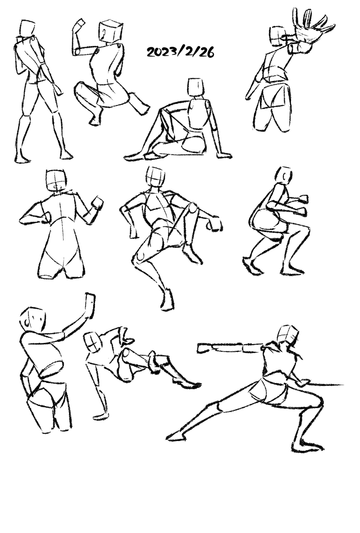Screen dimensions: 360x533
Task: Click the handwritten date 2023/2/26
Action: click(x=180, y=52)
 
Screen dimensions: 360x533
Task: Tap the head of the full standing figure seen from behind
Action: click(x=27, y=28)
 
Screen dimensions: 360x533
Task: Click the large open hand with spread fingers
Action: click(x=312, y=27)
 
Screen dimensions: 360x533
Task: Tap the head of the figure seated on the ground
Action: click(x=196, y=88)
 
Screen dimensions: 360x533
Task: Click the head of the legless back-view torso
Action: click(x=56, y=180)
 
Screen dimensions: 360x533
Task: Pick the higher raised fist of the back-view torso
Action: click(x=98, y=203)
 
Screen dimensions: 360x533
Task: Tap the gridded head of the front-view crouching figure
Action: click(x=155, y=176)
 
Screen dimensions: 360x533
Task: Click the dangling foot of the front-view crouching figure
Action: click(x=168, y=300)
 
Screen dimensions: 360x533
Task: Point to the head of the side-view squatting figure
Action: click(x=284, y=175)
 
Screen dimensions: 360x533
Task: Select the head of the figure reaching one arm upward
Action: click(x=33, y=319)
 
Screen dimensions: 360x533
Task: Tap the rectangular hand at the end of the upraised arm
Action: click(x=90, y=305)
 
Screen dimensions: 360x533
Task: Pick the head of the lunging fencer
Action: click(x=287, y=334)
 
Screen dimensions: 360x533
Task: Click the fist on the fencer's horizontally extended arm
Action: click(x=205, y=348)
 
